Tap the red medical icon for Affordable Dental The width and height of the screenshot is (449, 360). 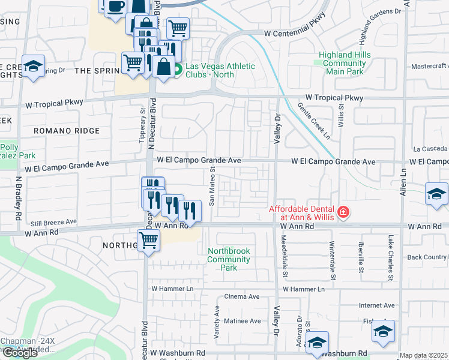(x=343, y=212)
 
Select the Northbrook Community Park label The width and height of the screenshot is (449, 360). (x=228, y=259)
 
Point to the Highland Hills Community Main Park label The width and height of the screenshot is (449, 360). (x=345, y=63)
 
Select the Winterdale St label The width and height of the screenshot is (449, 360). (x=332, y=260)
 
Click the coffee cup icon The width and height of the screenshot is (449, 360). (x=116, y=7)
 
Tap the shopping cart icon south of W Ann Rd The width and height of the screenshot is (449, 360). (x=148, y=241)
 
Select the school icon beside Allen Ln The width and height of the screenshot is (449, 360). (x=436, y=193)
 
